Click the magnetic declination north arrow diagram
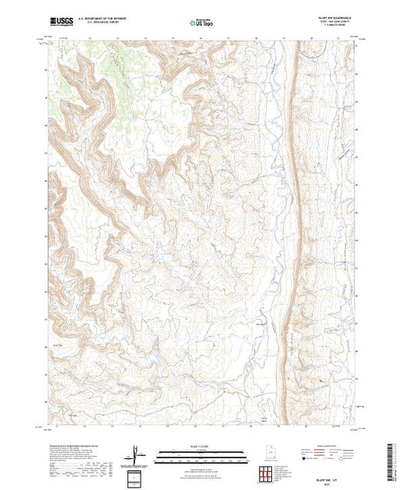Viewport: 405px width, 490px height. coord(134,453)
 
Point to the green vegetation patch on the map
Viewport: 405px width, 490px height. coord(101,62)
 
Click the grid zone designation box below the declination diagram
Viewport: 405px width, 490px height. coord(134,477)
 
